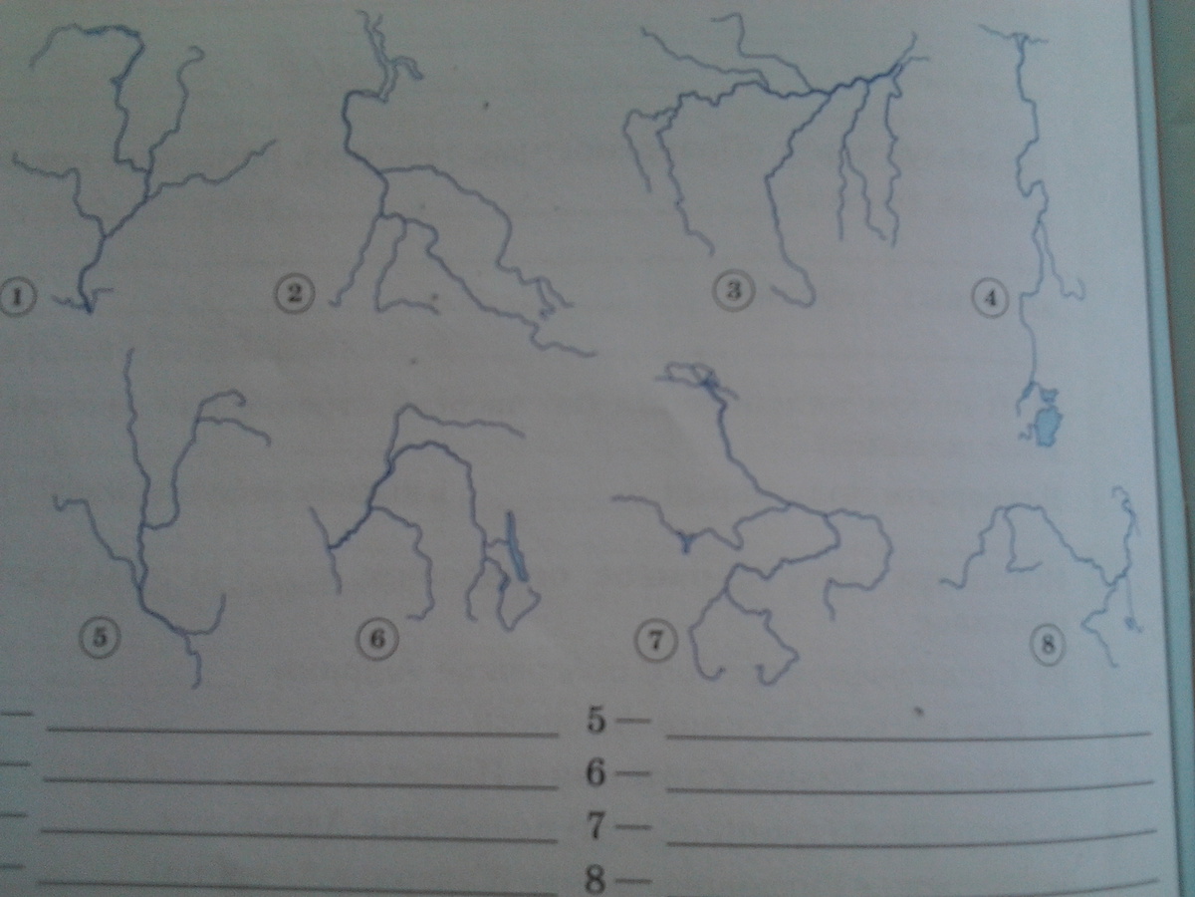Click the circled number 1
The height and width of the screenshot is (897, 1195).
tap(17, 297)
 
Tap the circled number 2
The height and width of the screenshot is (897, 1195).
tap(294, 295)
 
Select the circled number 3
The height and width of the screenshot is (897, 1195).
tap(734, 290)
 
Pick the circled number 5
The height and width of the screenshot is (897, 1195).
tap(100, 638)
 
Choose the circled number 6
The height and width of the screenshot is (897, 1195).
tap(377, 639)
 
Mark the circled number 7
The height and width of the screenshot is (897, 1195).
tap(656, 643)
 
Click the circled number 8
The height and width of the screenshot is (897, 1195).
tap(1048, 646)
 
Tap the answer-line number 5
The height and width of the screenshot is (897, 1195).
tap(597, 721)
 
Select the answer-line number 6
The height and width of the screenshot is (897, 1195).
tap(596, 772)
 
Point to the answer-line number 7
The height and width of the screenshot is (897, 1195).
tap(597, 825)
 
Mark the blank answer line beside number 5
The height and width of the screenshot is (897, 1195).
tap(908, 737)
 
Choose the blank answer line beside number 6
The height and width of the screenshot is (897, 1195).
tap(910, 787)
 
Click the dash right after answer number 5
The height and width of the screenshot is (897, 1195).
tap(632, 721)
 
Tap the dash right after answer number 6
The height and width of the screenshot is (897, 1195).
tap(632, 772)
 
